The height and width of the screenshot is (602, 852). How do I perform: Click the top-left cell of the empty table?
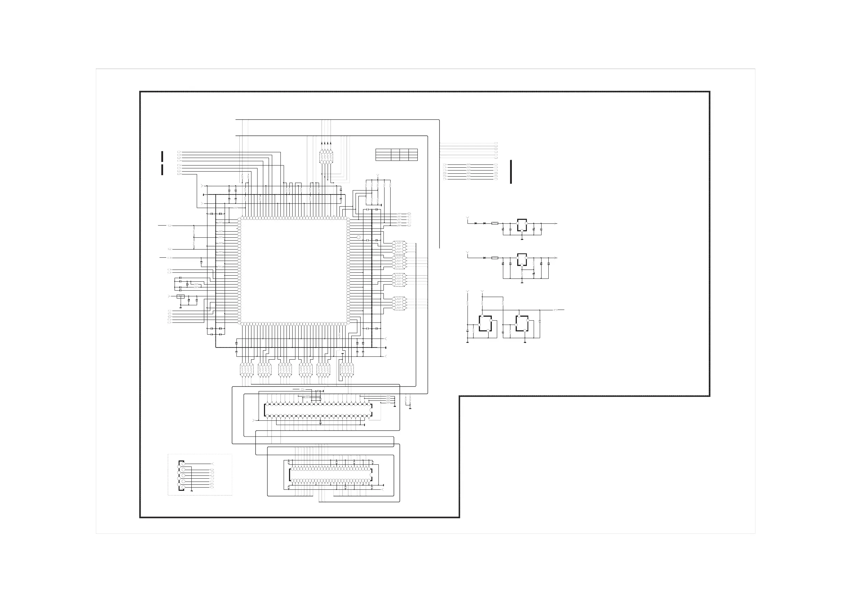[x=384, y=150]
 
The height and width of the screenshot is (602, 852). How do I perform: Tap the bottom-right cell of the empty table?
[x=413, y=159]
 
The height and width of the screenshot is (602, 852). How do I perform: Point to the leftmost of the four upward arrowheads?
[x=321, y=143]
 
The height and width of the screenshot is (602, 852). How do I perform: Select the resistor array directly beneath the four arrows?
[x=326, y=157]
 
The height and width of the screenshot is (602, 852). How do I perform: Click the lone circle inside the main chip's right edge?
[x=358, y=237]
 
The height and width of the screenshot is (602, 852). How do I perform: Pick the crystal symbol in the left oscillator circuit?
[x=187, y=284]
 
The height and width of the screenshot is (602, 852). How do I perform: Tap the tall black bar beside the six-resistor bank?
[x=511, y=172]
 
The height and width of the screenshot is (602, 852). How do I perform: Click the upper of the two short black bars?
[x=162, y=156]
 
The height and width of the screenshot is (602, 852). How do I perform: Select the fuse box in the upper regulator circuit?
[x=495, y=223]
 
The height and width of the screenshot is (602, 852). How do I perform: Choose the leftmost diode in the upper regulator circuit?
[x=476, y=223]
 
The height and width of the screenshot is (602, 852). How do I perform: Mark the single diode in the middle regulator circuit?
[x=485, y=257]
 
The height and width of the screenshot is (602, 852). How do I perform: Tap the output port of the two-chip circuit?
[x=555, y=309]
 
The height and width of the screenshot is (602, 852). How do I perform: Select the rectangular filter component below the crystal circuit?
[x=181, y=296]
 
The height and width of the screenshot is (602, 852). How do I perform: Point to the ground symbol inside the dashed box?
[x=191, y=490]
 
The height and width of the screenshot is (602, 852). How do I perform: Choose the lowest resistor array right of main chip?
[x=399, y=304]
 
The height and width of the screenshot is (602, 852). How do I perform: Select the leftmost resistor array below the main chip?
[x=247, y=369]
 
